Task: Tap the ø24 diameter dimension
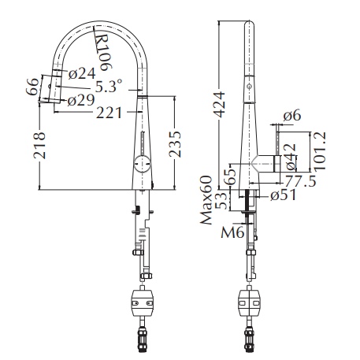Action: (x=82, y=73)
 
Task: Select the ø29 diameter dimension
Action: (x=82, y=100)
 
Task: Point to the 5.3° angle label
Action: (x=109, y=86)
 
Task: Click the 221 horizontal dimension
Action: (x=109, y=113)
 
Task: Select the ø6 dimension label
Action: (x=293, y=115)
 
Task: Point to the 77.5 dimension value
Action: (x=300, y=181)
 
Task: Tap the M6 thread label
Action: (x=231, y=232)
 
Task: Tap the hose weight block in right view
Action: (x=251, y=300)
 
